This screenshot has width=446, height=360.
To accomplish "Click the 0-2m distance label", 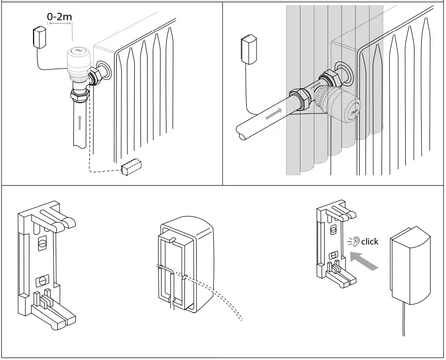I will (60, 17).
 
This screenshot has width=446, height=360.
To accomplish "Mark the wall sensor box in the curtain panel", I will (250, 48).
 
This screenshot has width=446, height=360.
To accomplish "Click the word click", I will (370, 241).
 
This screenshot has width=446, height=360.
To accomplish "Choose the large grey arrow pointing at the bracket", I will (364, 260).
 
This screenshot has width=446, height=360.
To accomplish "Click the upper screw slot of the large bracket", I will (41, 241).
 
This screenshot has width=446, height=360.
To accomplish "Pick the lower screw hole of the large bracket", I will (40, 282).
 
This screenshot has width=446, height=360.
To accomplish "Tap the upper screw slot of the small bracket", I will (333, 230).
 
